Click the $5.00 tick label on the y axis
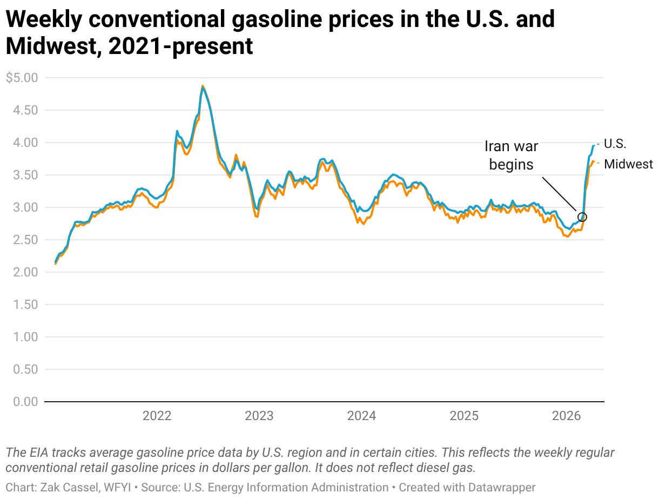(22, 78)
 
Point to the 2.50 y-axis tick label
(25, 240)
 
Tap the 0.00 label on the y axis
(25, 402)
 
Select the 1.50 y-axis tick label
(25, 305)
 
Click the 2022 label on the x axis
(157, 416)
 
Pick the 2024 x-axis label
(361, 416)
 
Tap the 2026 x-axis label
(567, 416)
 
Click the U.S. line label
(615, 144)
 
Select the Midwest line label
(628, 164)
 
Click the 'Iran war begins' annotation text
(511, 156)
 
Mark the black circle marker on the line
(582, 217)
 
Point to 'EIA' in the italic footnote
(38, 452)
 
